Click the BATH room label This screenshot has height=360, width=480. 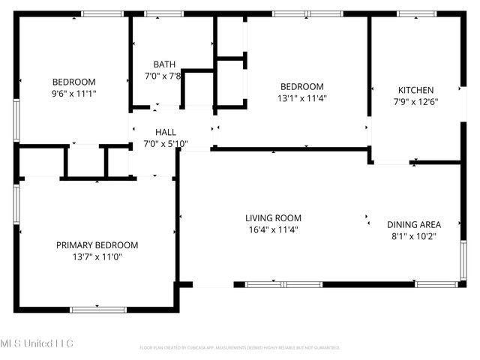coord(164,64)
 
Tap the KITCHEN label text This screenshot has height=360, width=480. coord(415,90)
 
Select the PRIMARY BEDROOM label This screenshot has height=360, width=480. coord(97,245)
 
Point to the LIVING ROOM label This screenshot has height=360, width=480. coord(273,218)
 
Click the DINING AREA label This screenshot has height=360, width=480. coord(413,224)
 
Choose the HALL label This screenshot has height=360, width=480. coord(166,132)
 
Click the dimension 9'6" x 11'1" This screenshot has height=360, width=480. coord(73,94)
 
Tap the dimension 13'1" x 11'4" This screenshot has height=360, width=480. coord(302,97)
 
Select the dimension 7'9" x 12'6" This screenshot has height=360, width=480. coord(415,102)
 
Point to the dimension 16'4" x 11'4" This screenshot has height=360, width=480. coord(273,230)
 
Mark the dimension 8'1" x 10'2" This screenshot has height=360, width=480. coord(413,236)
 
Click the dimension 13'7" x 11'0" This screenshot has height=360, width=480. coord(97,257)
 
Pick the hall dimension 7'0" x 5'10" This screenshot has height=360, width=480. coord(166,143)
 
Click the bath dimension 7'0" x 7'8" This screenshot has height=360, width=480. coord(164,76)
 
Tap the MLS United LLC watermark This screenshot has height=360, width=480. coord(37,343)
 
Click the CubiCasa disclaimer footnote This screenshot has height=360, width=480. coord(240,348)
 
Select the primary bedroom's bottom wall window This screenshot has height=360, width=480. coord(98,309)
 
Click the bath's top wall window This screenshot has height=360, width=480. coord(163,13)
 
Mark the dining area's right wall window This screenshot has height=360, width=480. coord(463,260)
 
